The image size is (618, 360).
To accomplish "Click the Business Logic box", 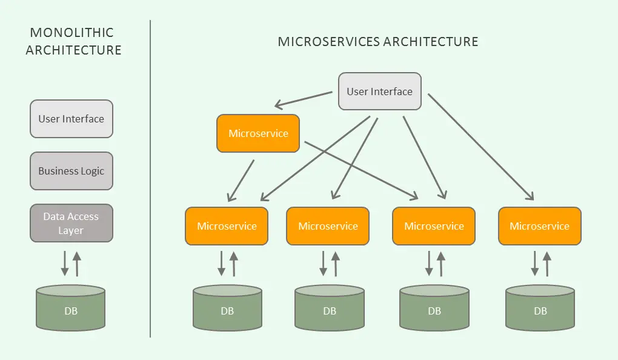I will pos(71,171).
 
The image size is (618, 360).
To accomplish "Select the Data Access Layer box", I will pos(71,223).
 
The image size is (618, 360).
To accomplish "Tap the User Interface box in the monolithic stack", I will pos(71,119).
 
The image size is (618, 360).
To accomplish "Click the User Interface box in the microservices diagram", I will pos(379,92).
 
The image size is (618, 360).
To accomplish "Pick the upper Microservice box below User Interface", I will pos(258,133).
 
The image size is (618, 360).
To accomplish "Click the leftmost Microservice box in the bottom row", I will pos(227,226).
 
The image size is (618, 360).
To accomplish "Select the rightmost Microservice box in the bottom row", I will pos(539,226).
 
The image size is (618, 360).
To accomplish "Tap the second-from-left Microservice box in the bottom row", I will pos(328,226).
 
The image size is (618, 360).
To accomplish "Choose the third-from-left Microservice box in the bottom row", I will pos(434,226).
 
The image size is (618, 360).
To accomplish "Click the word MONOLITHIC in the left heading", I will pos(72,33).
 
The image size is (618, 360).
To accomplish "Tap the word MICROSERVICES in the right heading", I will pos(325,42).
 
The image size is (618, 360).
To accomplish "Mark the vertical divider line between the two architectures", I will pos(150,182).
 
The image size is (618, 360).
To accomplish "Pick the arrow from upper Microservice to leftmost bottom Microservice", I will pos(241,180).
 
